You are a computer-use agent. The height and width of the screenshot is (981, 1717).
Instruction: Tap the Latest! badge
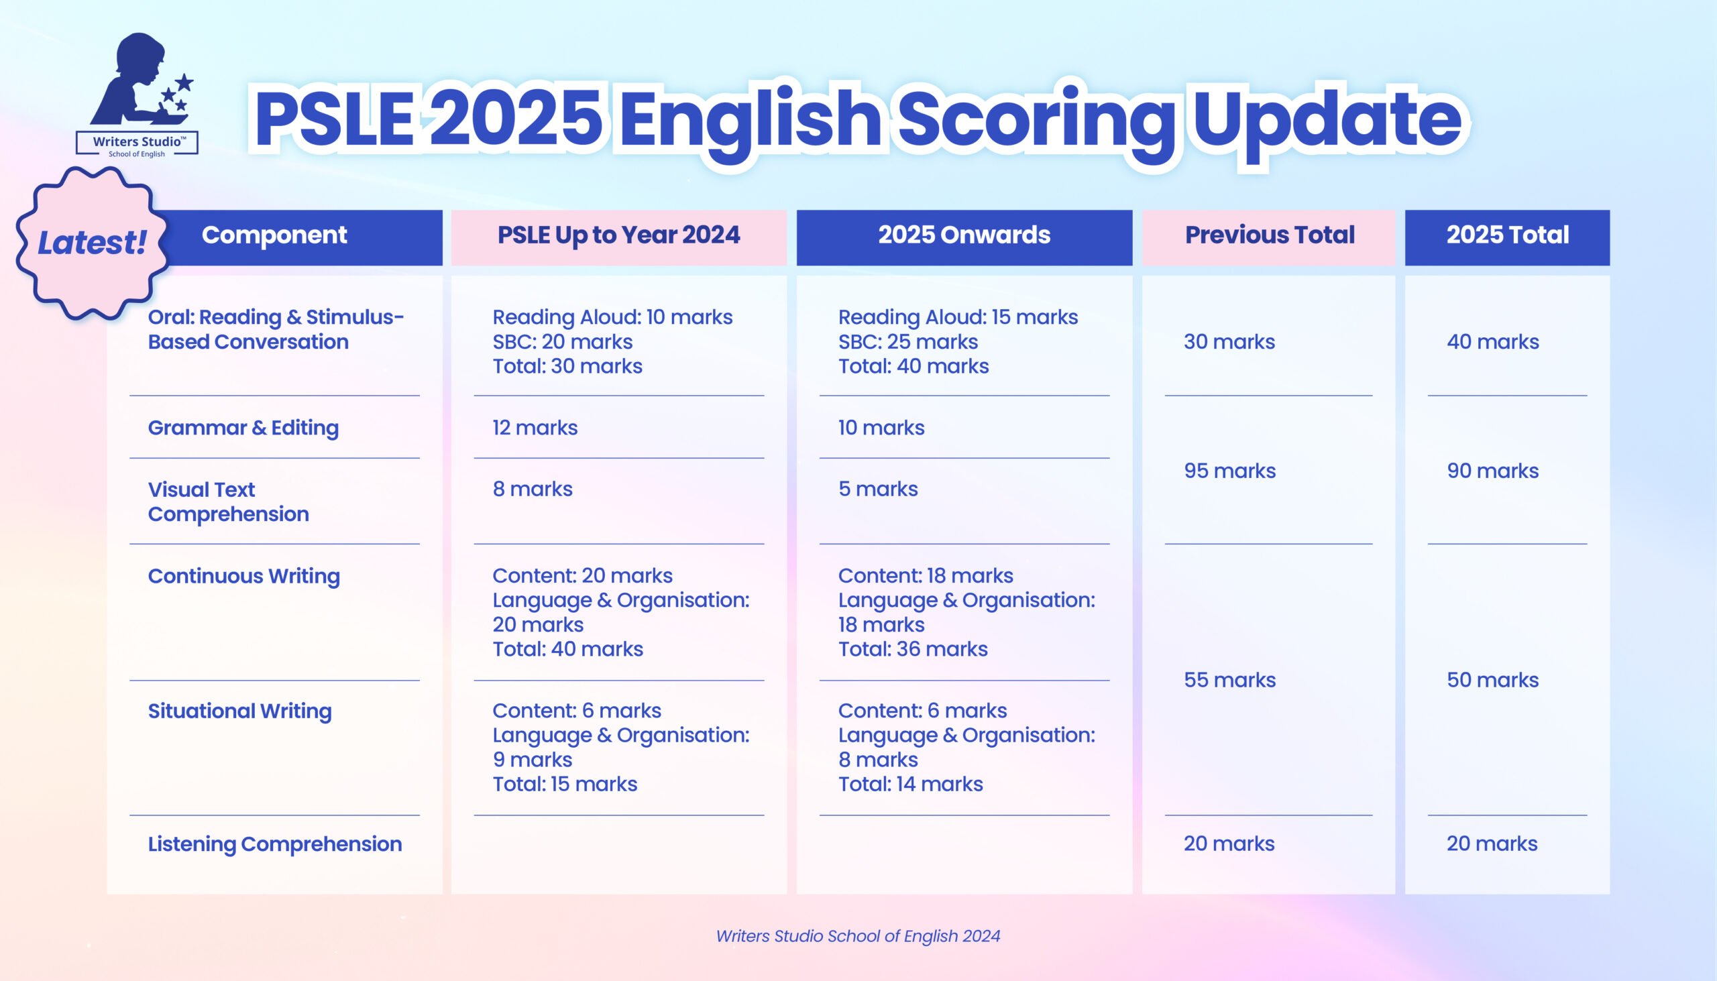pos(93,243)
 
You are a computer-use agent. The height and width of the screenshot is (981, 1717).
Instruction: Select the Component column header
pos(275,235)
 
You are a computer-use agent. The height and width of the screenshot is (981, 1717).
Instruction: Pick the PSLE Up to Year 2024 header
pos(618,235)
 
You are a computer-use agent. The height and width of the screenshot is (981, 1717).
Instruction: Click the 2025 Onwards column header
pos(964,235)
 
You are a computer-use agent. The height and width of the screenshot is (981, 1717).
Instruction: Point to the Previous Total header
pos(1270,235)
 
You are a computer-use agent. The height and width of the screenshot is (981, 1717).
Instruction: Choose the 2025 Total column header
pos(1508,235)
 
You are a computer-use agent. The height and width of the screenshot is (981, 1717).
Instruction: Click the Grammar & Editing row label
pos(243,428)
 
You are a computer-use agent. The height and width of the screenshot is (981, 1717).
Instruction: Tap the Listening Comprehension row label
pos(275,844)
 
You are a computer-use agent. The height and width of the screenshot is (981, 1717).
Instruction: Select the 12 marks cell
pos(535,428)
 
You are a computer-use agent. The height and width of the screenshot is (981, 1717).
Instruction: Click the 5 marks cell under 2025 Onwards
pos(878,489)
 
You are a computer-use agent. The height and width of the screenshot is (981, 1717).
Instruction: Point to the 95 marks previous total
pos(1230,471)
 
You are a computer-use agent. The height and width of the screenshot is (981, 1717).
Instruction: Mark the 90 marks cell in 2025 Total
pos(1492,471)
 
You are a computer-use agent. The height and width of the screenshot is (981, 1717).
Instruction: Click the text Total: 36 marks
pos(913,649)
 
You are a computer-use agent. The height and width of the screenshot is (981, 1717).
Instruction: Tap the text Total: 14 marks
pos(910,785)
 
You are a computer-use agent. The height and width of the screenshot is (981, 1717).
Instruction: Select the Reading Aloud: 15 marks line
pos(958,316)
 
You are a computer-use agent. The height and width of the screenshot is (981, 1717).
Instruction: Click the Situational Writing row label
pos(240,711)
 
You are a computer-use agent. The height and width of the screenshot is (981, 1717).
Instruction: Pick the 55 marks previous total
pos(1230,681)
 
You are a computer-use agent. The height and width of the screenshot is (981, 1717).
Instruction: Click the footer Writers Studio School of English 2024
pos(858,937)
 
